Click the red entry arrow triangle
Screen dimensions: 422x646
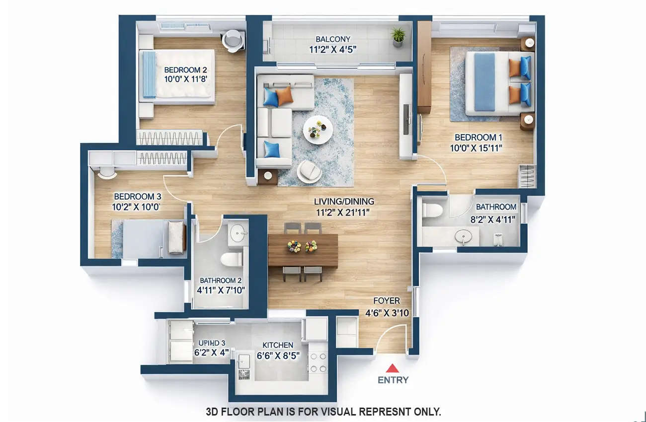(x=393, y=368)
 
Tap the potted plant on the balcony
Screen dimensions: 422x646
(x=398, y=36)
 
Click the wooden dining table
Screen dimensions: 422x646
(x=303, y=251)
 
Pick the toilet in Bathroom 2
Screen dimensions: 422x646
(x=231, y=259)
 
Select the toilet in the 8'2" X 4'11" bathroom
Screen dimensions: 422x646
(x=432, y=209)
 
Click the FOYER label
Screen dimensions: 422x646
(x=387, y=301)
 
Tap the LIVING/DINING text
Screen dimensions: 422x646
(x=344, y=202)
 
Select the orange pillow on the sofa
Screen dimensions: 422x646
(x=284, y=96)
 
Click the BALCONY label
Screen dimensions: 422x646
(x=333, y=39)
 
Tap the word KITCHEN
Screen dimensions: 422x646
(x=278, y=345)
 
